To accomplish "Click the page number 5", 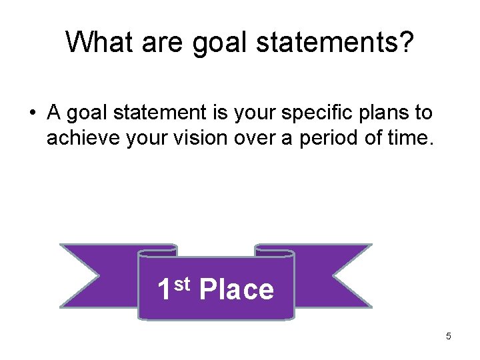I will [x=449, y=337].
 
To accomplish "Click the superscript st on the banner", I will [x=183, y=284].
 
